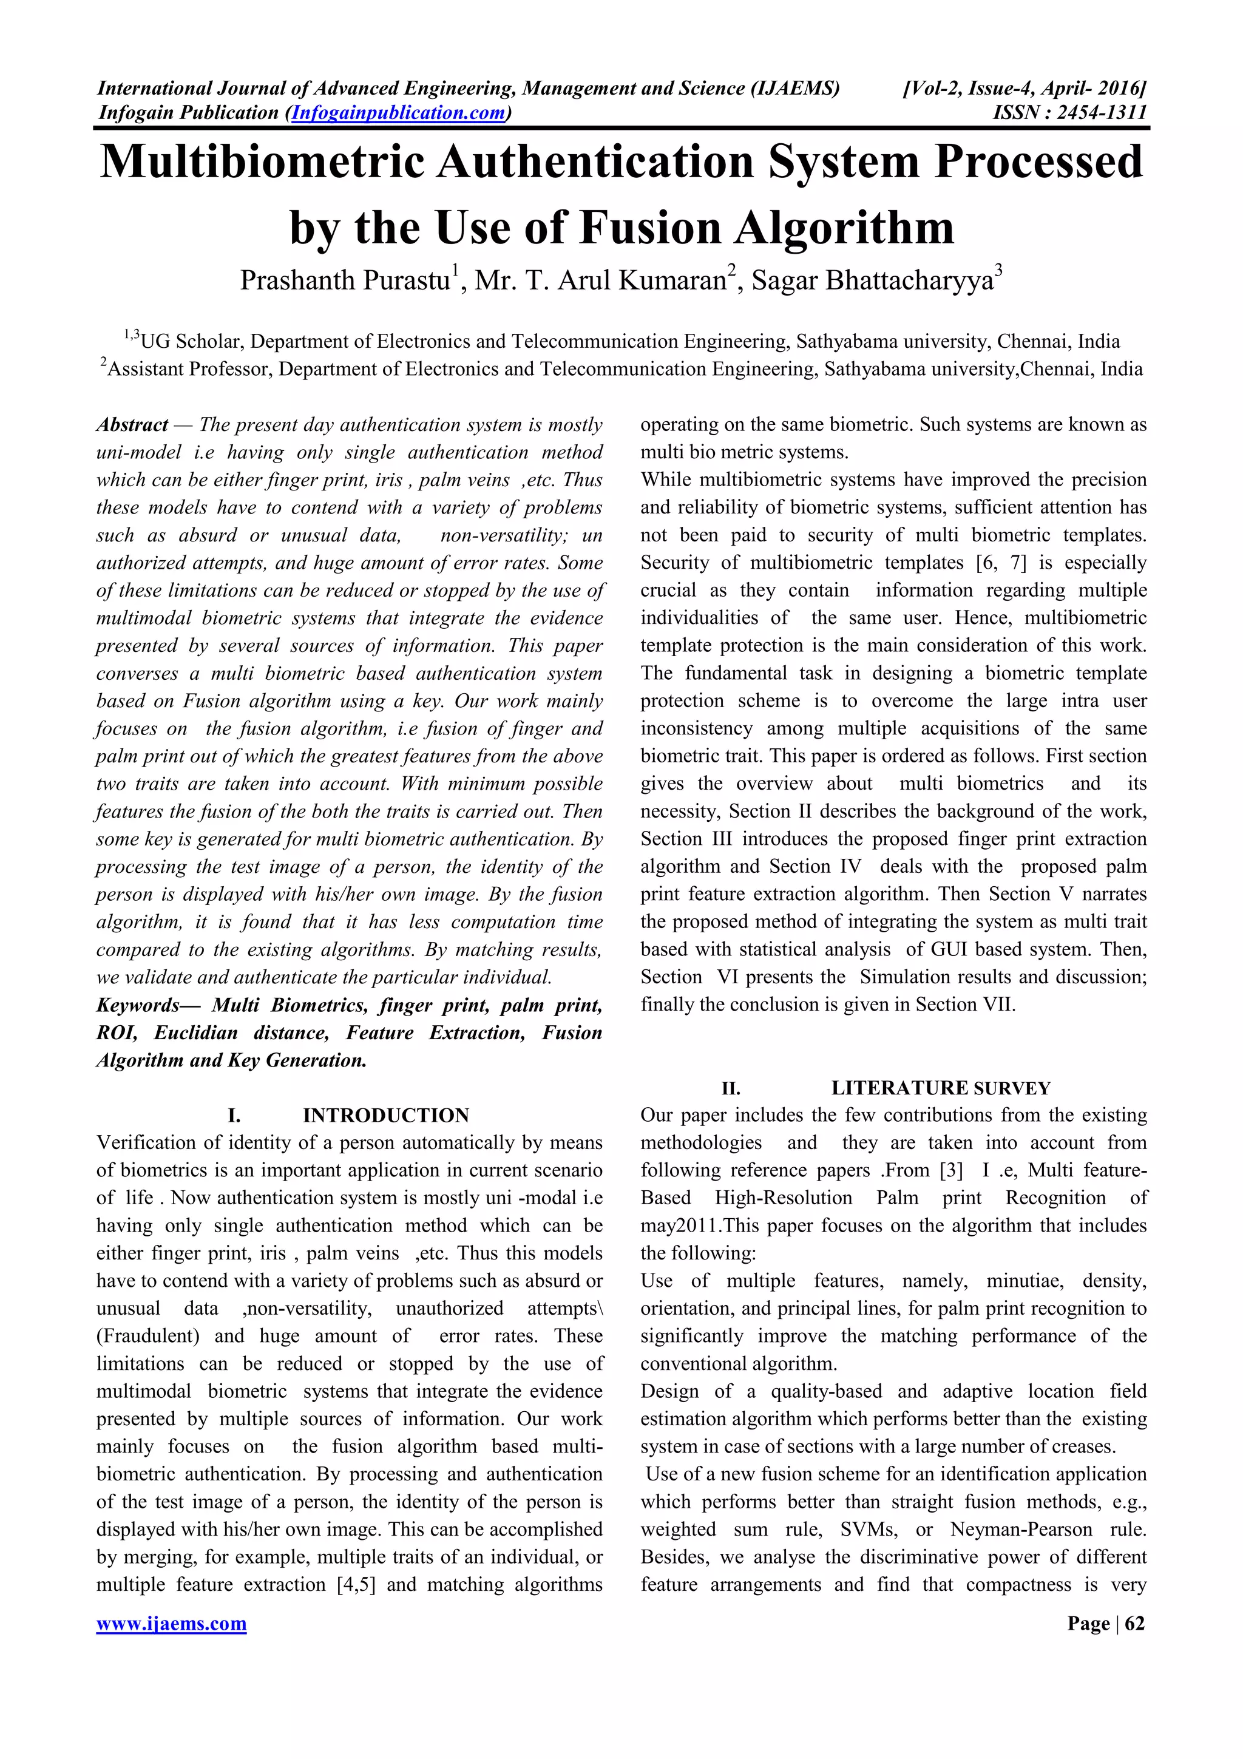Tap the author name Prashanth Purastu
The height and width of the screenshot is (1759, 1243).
(x=345, y=281)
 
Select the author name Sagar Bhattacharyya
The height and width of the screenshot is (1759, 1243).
(x=872, y=281)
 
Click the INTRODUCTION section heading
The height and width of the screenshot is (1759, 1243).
(x=385, y=1116)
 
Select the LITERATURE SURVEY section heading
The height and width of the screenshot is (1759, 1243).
(x=941, y=1088)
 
